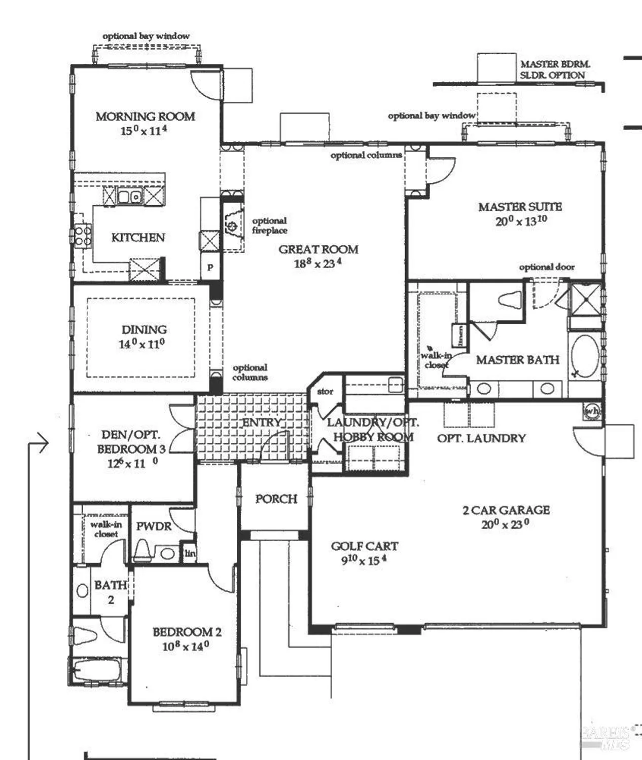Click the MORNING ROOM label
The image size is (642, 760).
coord(145,117)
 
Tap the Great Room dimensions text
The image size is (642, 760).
coord(317,263)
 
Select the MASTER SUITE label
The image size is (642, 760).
coord(520,207)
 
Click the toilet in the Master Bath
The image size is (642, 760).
coord(510,299)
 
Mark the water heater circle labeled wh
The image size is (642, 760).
coord(592,411)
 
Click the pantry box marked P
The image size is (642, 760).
coord(210,268)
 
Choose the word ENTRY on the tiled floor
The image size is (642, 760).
coord(261,422)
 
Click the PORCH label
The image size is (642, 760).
coord(276,499)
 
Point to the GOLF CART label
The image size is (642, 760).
coord(364,546)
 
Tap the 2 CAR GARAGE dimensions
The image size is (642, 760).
coord(505,524)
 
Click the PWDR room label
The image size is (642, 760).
coord(154,526)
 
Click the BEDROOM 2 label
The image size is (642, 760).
coord(187,632)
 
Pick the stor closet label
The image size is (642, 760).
coord(325,391)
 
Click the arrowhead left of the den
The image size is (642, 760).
coord(44,444)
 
